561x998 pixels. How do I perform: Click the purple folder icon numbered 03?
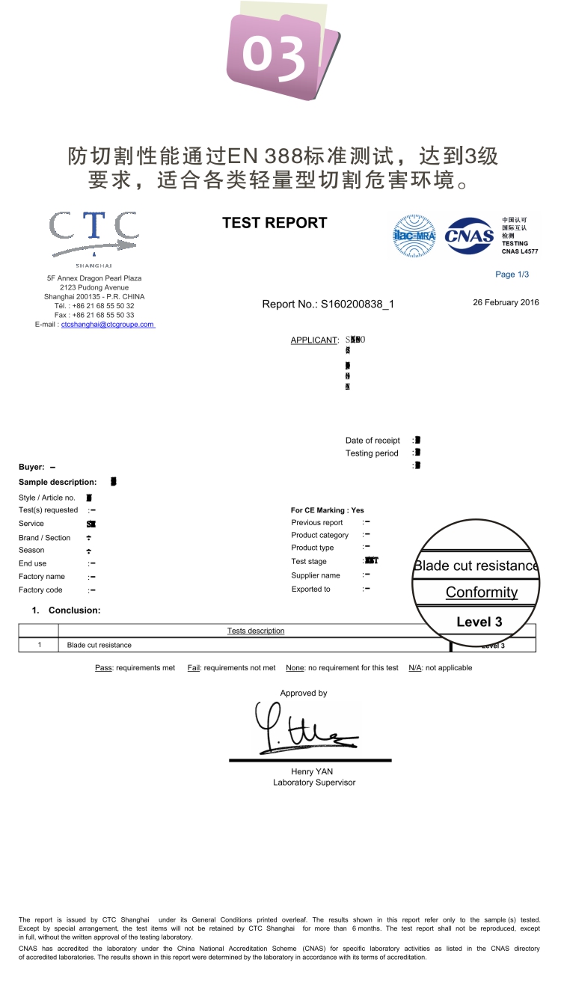pyautogui.click(x=280, y=54)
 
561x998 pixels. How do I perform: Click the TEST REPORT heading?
pyautogui.click(x=275, y=223)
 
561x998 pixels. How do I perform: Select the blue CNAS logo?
pyautogui.click(x=469, y=237)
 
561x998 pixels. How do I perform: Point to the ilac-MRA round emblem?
pyautogui.click(x=414, y=236)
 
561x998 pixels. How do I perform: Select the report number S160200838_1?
pyautogui.click(x=357, y=304)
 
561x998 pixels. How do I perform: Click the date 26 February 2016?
pyautogui.click(x=506, y=302)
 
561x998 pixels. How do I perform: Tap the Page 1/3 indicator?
pyautogui.click(x=512, y=275)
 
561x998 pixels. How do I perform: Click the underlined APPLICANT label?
pyautogui.click(x=314, y=340)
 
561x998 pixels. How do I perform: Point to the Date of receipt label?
pyautogui.click(x=373, y=441)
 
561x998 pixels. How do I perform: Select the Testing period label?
pyautogui.click(x=372, y=453)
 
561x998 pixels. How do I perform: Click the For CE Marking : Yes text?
pyautogui.click(x=327, y=510)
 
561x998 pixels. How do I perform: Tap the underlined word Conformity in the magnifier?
pyautogui.click(x=482, y=593)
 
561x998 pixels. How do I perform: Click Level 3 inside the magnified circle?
pyautogui.click(x=479, y=622)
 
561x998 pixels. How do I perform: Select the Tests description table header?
pyautogui.click(x=256, y=631)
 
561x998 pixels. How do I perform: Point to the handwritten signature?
pyautogui.click(x=299, y=729)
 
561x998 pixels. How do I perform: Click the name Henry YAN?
pyautogui.click(x=313, y=771)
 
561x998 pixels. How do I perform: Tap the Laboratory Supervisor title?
pyautogui.click(x=314, y=783)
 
